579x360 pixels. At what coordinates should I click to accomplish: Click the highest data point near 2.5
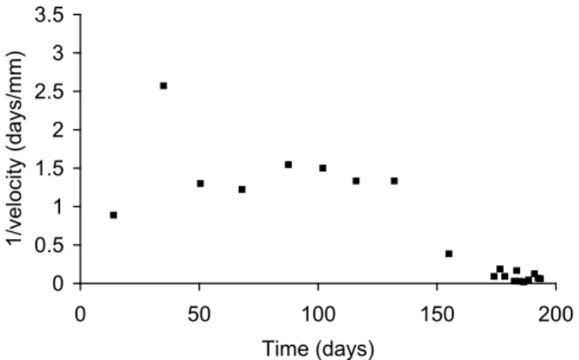pyautogui.click(x=163, y=86)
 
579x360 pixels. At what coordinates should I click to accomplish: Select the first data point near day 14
pyautogui.click(x=114, y=215)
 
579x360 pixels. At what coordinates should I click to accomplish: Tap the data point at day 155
pyautogui.click(x=449, y=254)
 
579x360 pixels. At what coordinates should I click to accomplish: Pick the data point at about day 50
pyautogui.click(x=200, y=183)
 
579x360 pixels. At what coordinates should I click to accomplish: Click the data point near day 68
pyautogui.click(x=242, y=189)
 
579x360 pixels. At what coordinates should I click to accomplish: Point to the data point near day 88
pyautogui.click(x=289, y=164)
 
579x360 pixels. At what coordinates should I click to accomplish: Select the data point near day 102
pyautogui.click(x=323, y=168)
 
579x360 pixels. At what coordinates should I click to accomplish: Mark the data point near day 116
pyautogui.click(x=356, y=181)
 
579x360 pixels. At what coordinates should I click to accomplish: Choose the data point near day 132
pyautogui.click(x=394, y=181)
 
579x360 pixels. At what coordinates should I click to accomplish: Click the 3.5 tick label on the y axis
pyautogui.click(x=50, y=15)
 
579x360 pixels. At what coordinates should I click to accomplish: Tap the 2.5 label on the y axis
pyautogui.click(x=50, y=92)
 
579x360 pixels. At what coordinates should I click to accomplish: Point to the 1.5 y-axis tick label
pyautogui.click(x=50, y=168)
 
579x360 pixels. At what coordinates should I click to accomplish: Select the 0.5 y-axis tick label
pyautogui.click(x=50, y=245)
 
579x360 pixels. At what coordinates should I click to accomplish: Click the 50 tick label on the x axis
pyautogui.click(x=199, y=314)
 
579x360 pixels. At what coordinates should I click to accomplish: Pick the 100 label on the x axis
pyautogui.click(x=319, y=314)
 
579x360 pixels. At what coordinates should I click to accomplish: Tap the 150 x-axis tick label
pyautogui.click(x=437, y=314)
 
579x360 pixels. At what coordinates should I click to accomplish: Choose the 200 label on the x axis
pyautogui.click(x=556, y=314)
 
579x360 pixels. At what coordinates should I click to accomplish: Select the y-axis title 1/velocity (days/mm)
pyautogui.click(x=16, y=148)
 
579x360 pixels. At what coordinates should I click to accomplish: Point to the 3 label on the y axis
pyautogui.click(x=58, y=53)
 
